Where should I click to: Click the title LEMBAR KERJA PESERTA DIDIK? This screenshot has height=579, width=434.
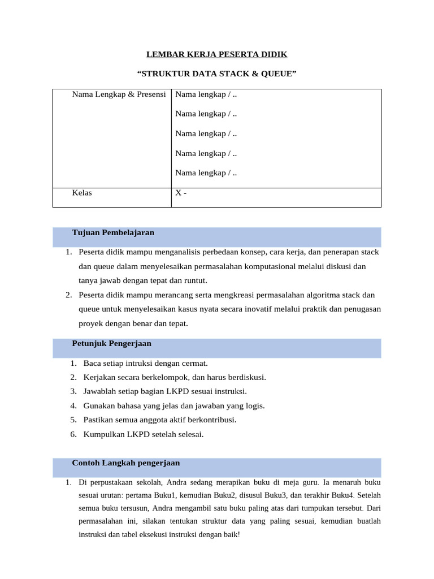[x=217, y=54]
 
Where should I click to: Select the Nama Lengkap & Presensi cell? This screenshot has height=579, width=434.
[x=119, y=94]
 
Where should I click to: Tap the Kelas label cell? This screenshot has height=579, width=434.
[x=82, y=193]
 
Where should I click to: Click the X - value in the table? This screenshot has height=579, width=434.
[x=181, y=193]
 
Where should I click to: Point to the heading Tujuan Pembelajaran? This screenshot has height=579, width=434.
[x=113, y=233]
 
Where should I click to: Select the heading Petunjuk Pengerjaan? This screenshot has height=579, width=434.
[x=111, y=344]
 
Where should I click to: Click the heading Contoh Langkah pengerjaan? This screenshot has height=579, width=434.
[x=125, y=463]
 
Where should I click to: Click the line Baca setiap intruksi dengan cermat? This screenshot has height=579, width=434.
[x=145, y=363]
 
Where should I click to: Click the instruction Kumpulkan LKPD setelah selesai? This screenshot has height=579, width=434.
[x=143, y=435]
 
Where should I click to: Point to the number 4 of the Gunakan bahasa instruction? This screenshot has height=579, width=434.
[x=73, y=406]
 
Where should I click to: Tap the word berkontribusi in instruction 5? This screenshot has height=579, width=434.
[x=211, y=420]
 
